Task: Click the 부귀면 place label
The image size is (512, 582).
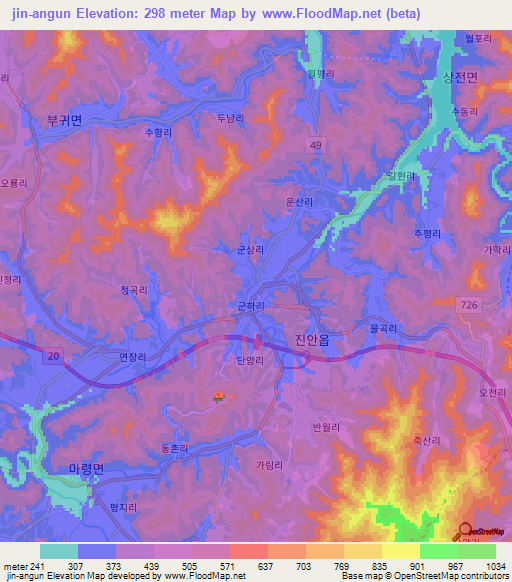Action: tap(65, 119)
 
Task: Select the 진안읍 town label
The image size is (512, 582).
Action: tap(316, 340)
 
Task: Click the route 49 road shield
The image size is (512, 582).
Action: tap(316, 146)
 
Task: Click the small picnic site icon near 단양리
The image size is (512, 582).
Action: tap(217, 400)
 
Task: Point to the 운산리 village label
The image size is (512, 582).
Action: tap(300, 201)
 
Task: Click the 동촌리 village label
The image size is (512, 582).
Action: tap(174, 449)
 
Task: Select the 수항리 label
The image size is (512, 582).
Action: tap(159, 131)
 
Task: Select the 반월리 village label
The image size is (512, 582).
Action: tap(326, 427)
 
